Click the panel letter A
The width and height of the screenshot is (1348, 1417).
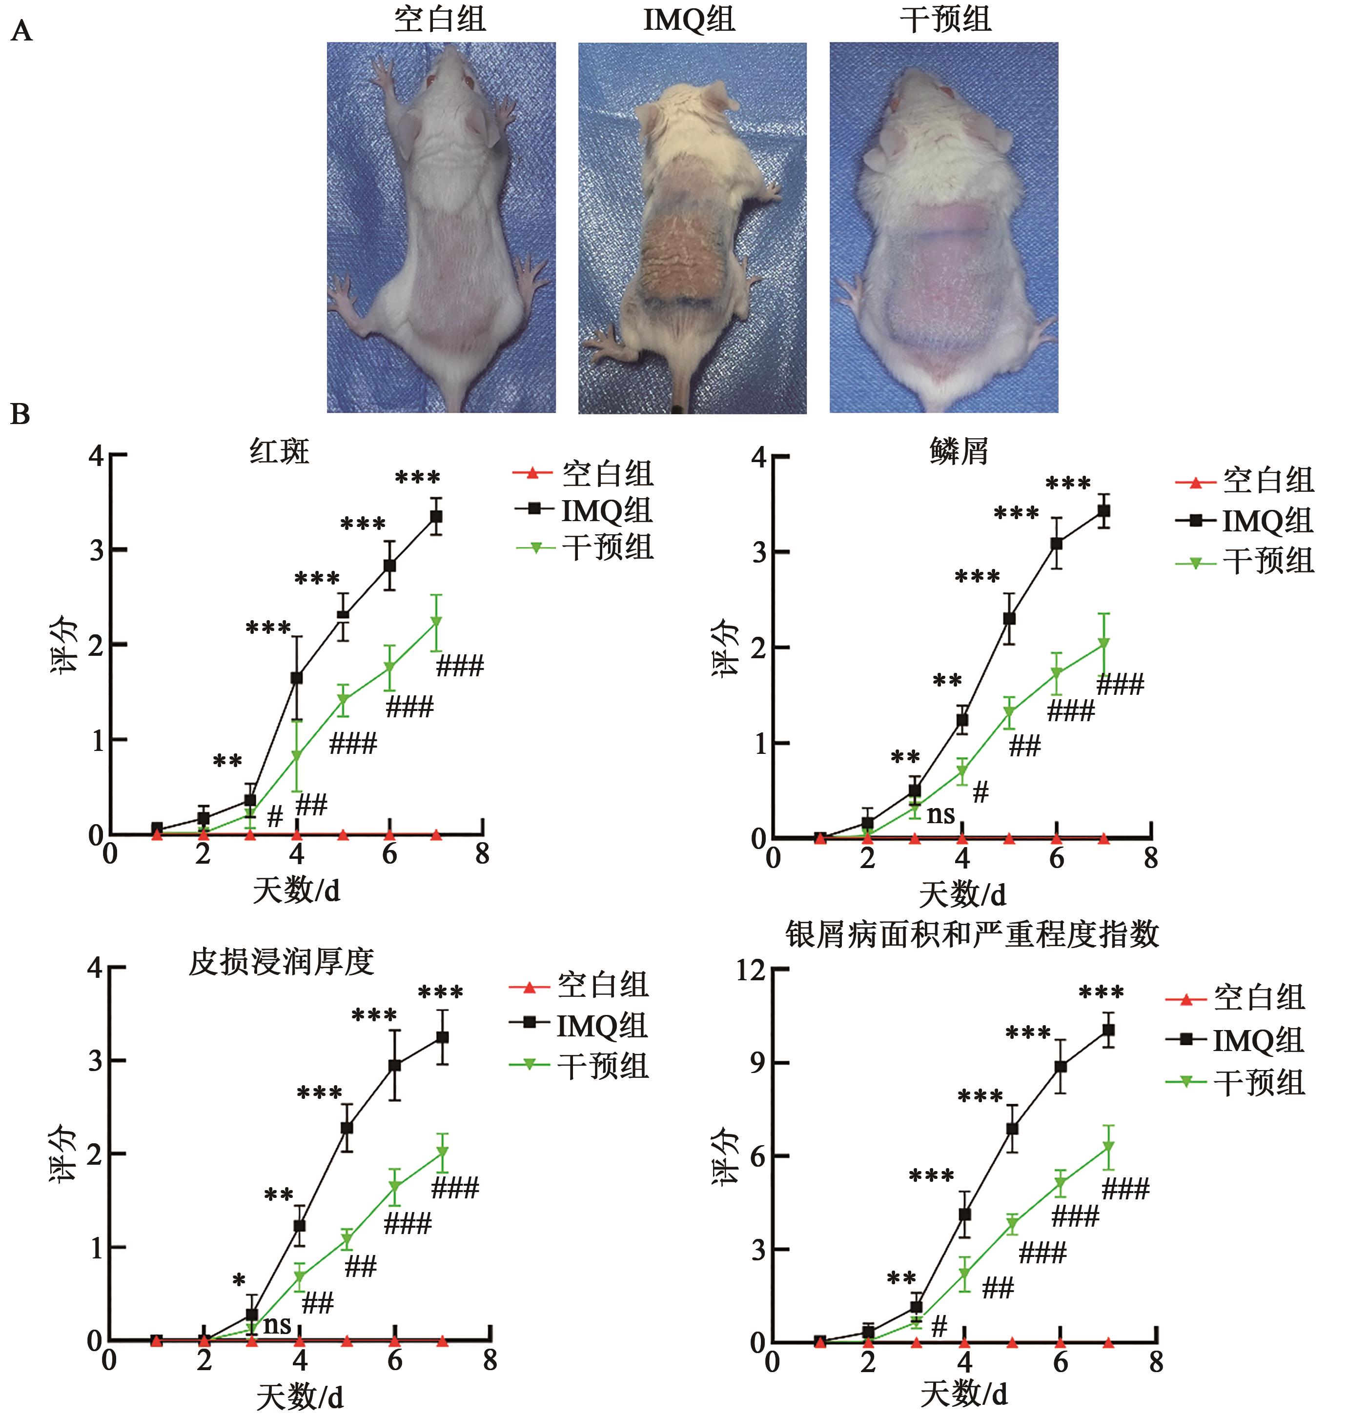coord(21,32)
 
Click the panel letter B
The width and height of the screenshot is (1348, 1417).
coord(20,415)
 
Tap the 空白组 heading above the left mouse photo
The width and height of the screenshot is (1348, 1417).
coord(440,19)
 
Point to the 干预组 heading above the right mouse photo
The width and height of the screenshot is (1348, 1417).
coord(946,19)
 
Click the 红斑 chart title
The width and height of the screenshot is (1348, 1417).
coord(280,451)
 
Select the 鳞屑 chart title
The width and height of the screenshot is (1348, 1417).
coord(959,451)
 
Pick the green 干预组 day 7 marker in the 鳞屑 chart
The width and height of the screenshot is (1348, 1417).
coord(1103,643)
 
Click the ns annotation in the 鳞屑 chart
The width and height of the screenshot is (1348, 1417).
coord(940,814)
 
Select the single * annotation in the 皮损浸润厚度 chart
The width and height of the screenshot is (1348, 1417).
coord(239,1280)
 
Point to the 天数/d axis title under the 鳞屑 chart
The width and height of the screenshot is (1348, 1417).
coord(963,895)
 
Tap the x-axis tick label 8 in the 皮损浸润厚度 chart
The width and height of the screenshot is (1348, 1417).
coord(490,1360)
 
